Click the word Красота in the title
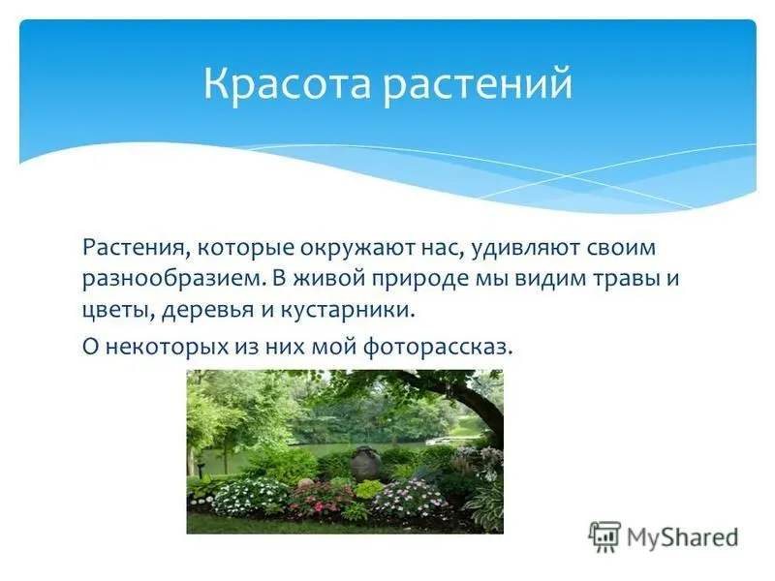[x=287, y=83]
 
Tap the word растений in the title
[x=478, y=85]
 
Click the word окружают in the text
[x=357, y=249]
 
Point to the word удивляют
[x=526, y=249]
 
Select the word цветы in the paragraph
[x=118, y=311]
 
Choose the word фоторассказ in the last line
[x=438, y=347]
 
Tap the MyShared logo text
[x=683, y=537]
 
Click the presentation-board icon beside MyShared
[x=604, y=536]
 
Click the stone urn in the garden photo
[x=365, y=462]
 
